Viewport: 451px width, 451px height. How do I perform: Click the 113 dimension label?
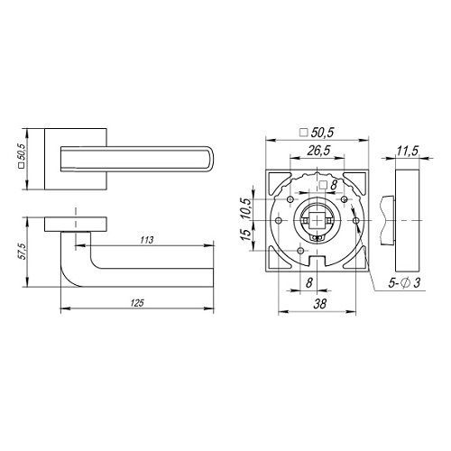pyautogui.click(x=147, y=240)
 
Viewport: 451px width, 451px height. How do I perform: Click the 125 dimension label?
pyautogui.click(x=137, y=303)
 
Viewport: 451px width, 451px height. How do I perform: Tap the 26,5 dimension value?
pyautogui.click(x=318, y=151)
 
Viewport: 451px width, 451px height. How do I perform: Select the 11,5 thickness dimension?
pyautogui.click(x=407, y=152)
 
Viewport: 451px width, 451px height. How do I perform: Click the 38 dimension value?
pyautogui.click(x=319, y=304)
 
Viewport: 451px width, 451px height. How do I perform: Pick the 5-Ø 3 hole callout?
pyautogui.click(x=404, y=283)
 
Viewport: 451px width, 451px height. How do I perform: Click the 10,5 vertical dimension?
pyautogui.click(x=245, y=208)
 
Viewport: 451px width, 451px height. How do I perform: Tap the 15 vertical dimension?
pyautogui.click(x=245, y=235)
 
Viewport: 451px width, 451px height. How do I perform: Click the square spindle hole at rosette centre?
pyautogui.click(x=317, y=220)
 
